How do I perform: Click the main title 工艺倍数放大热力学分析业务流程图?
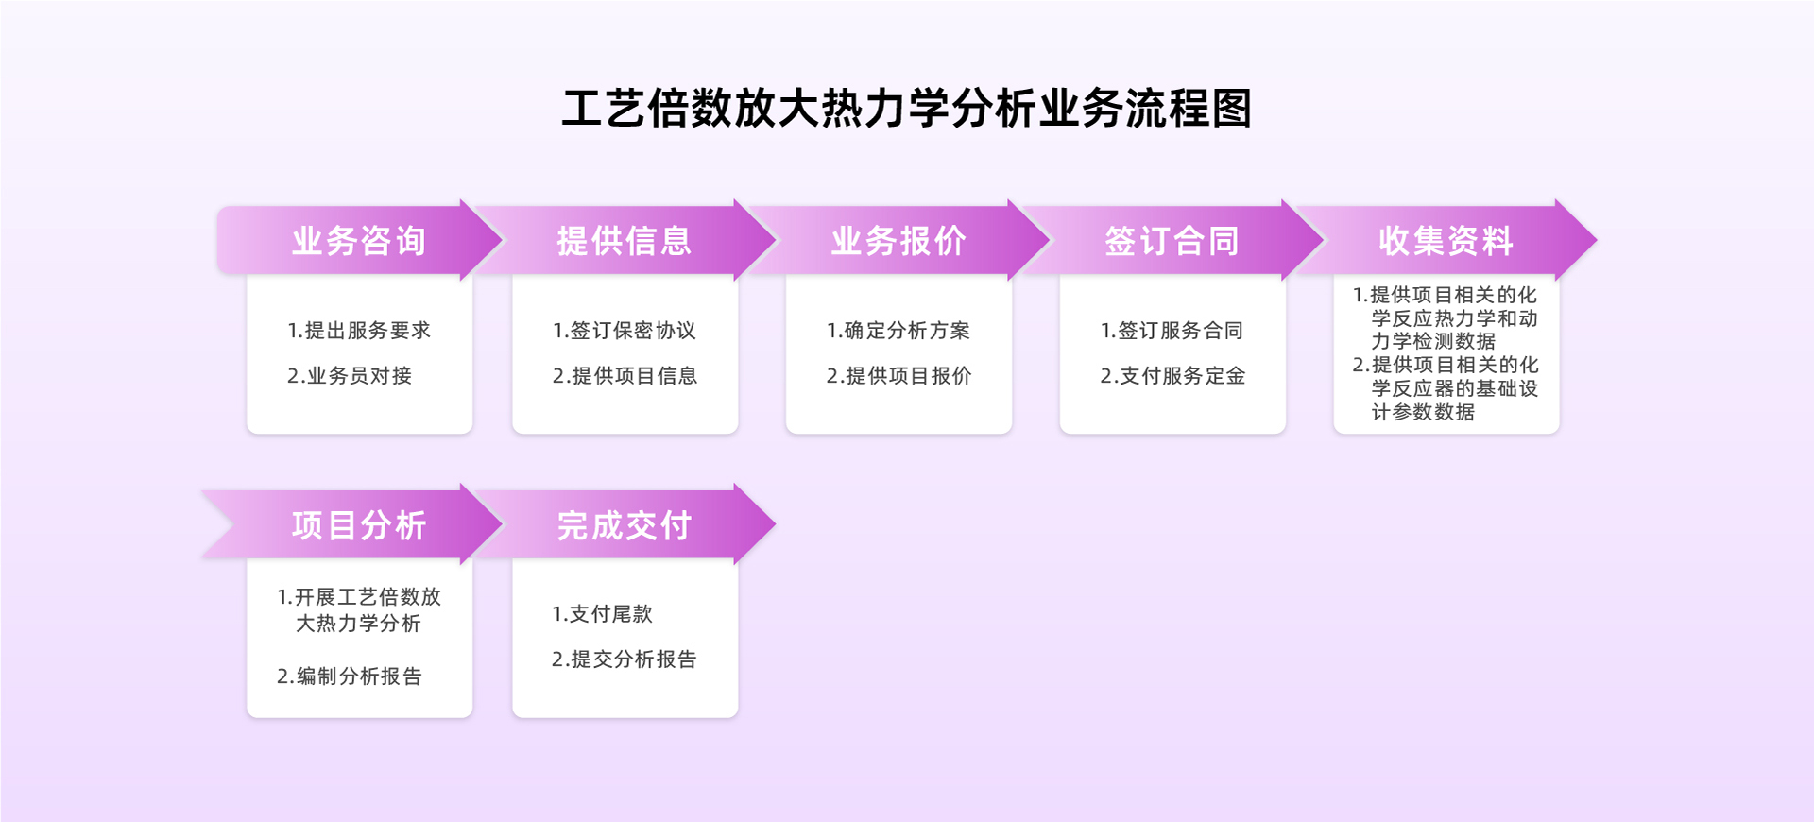click(907, 108)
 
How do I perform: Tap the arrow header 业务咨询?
click(359, 240)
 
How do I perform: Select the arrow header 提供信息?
click(625, 240)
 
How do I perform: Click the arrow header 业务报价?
click(898, 240)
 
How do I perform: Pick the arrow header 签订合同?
click(1172, 240)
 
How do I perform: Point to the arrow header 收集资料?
click(1446, 240)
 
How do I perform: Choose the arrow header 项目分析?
click(359, 524)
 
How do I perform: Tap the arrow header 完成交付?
click(625, 524)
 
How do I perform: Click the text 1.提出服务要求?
click(359, 331)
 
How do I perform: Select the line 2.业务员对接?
click(350, 376)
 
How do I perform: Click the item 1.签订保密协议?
click(625, 331)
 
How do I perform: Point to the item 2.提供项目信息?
click(625, 376)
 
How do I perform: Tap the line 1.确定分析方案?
click(898, 331)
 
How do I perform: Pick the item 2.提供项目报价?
click(898, 376)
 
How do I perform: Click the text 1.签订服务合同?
click(1172, 331)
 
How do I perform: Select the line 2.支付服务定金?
click(1172, 376)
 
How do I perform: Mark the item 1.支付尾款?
click(602, 614)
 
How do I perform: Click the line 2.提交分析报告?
click(624, 659)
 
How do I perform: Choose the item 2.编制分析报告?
click(350, 676)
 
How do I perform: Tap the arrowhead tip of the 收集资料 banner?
click(1597, 240)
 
